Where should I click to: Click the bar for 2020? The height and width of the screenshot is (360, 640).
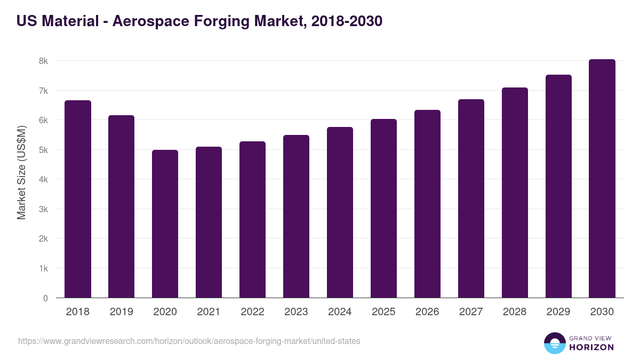coord(165,224)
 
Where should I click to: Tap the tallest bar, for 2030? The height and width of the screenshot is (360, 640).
coord(602,179)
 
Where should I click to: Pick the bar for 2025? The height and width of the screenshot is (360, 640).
coord(384,209)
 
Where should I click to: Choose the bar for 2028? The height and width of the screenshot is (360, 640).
coord(515,193)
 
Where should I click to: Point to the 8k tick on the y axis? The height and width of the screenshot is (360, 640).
coord(43,61)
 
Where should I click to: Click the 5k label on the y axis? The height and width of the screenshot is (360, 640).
coord(43,150)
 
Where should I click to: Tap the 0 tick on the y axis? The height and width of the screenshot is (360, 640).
coord(45,299)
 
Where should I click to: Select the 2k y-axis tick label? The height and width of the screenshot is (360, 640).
coord(43,239)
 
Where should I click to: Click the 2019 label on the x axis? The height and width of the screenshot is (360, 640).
coord(122,312)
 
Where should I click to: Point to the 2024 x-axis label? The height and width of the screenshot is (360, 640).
coord(340,312)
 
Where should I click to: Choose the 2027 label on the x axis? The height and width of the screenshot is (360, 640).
coord(471,312)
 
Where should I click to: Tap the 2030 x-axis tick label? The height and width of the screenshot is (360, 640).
coord(602,312)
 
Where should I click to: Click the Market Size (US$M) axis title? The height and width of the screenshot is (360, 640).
coord(21,172)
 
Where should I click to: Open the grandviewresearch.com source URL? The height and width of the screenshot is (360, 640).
coord(189,341)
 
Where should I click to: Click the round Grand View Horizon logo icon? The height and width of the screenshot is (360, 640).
coord(555,343)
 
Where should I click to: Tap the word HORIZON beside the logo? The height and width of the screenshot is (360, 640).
coord(591,347)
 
